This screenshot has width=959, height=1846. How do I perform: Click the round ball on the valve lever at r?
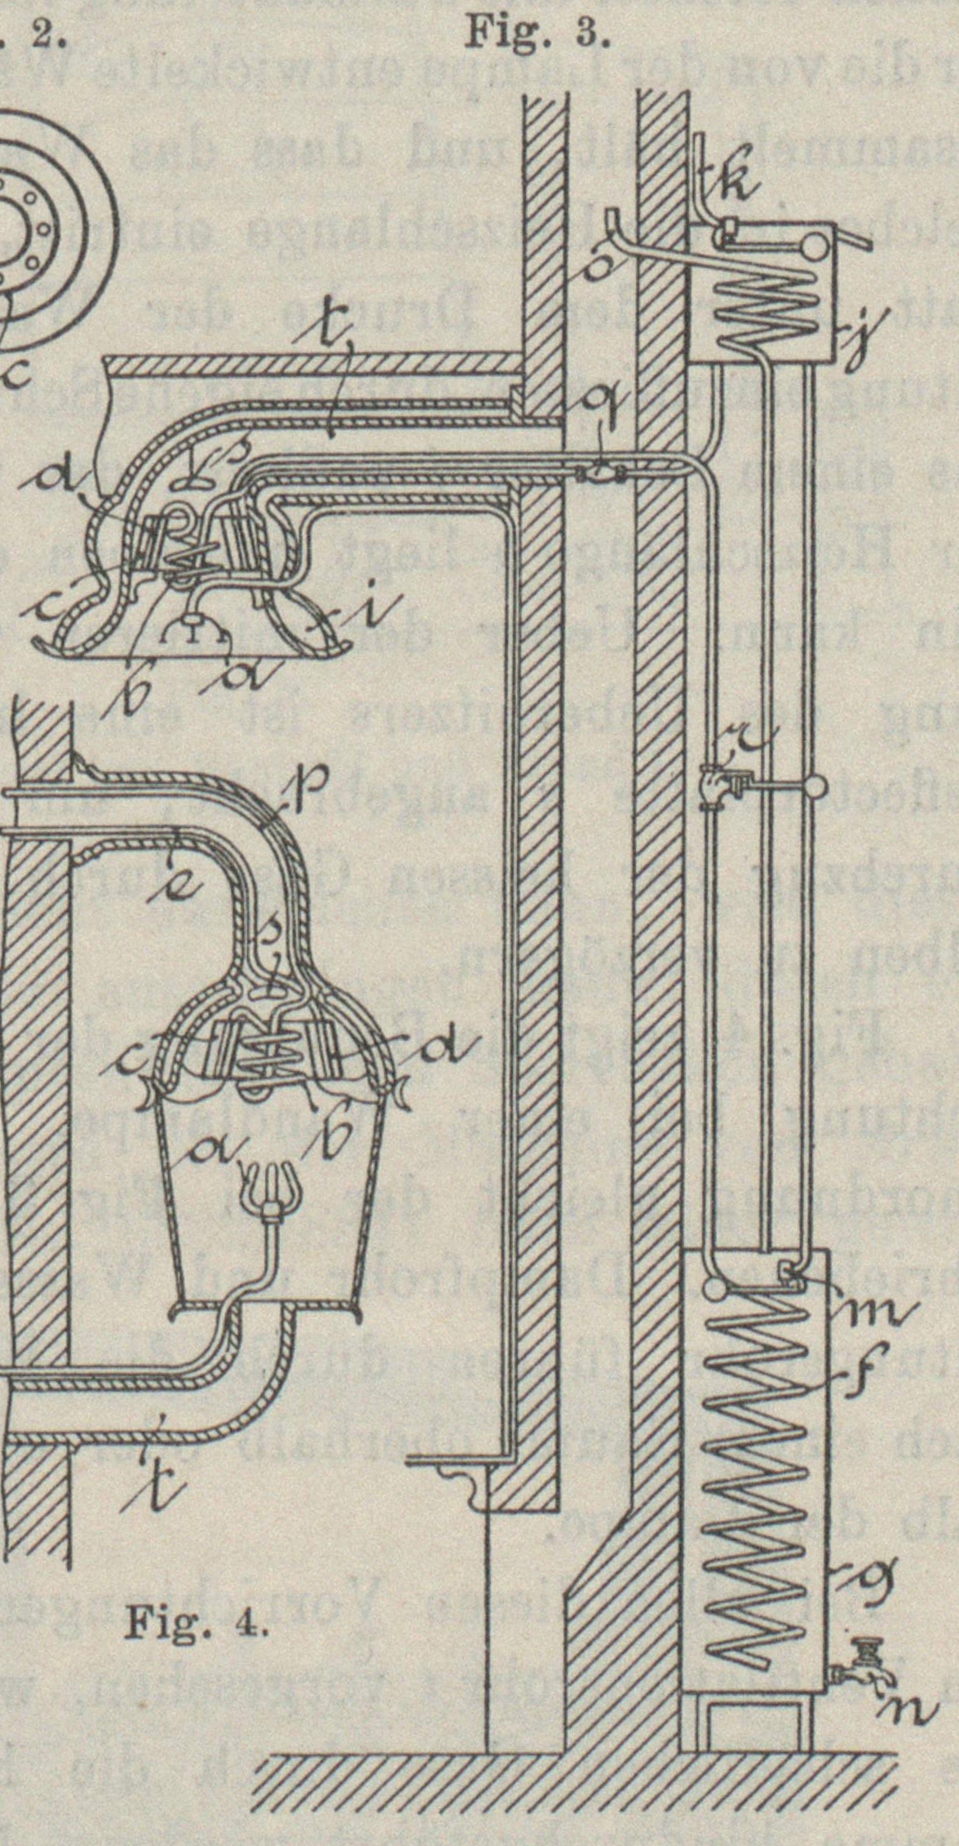815,786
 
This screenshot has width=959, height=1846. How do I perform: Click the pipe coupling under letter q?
600,472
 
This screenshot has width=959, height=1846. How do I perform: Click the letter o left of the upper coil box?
599,266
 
